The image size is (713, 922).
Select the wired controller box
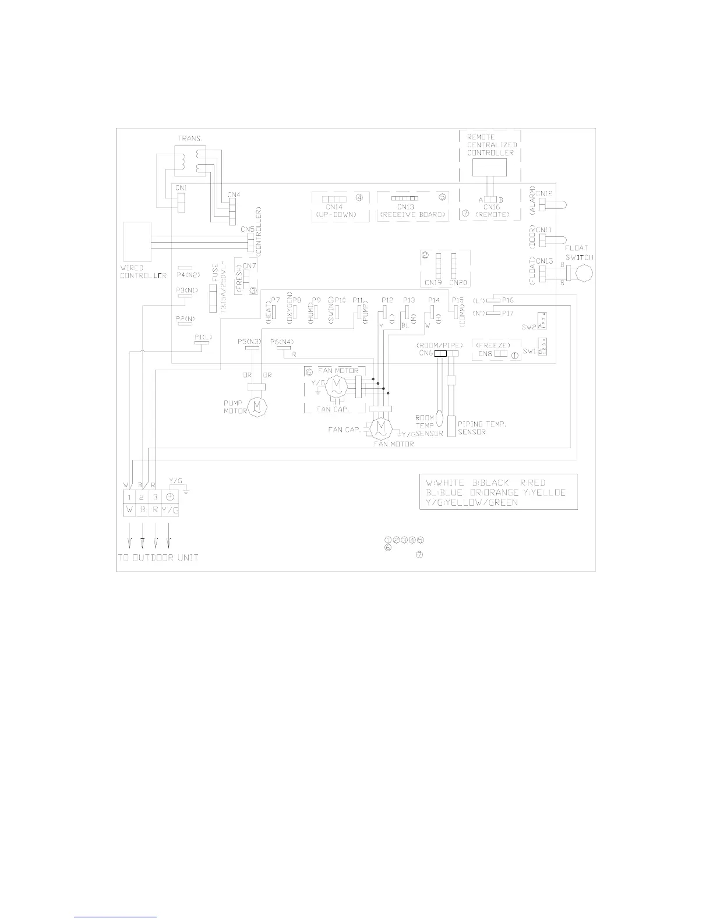pyautogui.click(x=136, y=242)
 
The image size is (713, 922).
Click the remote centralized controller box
pyautogui.click(x=489, y=167)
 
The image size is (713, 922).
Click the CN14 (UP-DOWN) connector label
pyautogui.click(x=334, y=207)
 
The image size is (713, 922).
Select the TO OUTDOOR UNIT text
pyautogui.click(x=156, y=558)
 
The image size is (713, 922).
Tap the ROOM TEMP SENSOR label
pyautogui.click(x=429, y=425)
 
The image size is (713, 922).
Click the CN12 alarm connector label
pyautogui.click(x=545, y=193)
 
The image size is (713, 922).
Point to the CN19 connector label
pyautogui.click(x=433, y=283)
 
